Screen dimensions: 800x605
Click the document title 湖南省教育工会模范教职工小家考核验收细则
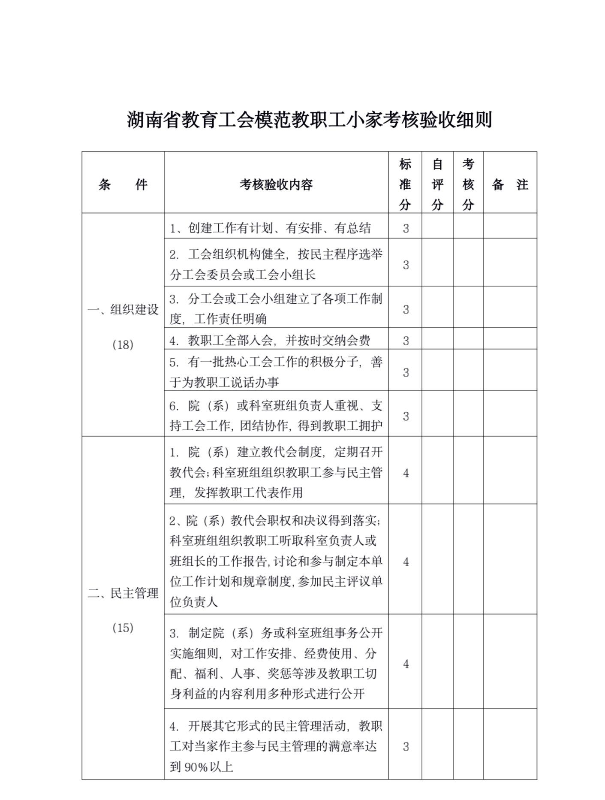coord(309,120)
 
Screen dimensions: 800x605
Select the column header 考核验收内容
coord(276,184)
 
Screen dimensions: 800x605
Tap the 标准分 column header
coord(405,184)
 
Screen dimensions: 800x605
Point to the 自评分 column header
coord(437,184)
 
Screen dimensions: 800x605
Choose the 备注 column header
coord(510,184)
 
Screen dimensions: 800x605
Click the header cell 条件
coord(123,184)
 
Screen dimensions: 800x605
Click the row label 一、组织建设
coord(123,309)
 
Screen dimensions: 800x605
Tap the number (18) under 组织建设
coord(123,344)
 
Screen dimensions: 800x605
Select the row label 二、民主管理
coord(123,593)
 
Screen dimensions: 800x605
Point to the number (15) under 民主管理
coord(123,628)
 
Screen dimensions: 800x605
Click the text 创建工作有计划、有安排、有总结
coord(270,228)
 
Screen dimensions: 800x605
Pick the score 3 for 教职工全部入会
coord(406,341)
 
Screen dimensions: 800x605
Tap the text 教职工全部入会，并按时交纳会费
coord(270,341)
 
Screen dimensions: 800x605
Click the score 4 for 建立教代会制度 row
coord(406,473)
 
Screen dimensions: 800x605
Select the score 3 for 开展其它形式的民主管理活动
coord(406,747)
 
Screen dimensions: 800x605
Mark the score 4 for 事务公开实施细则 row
coord(406,664)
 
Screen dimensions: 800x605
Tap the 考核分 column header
coord(468,184)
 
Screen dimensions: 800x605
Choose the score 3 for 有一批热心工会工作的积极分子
coord(406,372)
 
